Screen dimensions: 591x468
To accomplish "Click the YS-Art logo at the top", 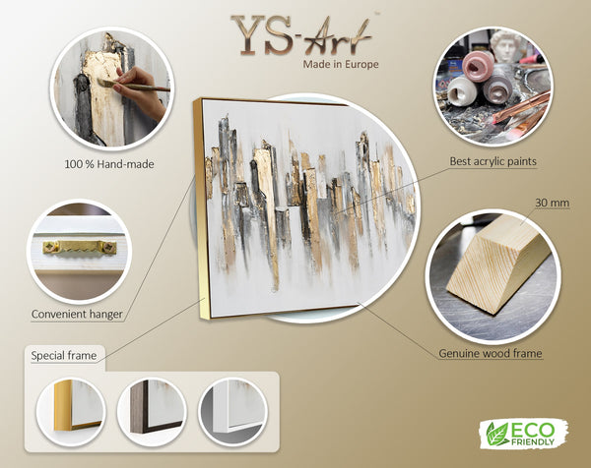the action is coord(301,35).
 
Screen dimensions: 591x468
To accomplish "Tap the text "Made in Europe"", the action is coord(341,64).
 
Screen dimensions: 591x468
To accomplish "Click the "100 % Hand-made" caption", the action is coord(109,164).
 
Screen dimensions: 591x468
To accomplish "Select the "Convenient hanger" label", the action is coord(77,315).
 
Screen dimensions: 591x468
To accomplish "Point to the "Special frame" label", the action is coord(64,356).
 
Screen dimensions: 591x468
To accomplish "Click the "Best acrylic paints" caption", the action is coord(492,161).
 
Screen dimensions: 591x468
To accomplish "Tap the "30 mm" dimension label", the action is coord(553,203).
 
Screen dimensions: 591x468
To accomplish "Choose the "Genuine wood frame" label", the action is coord(491,354).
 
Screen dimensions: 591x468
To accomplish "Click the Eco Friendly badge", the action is coord(524,434).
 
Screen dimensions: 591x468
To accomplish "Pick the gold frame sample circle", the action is coord(71,412).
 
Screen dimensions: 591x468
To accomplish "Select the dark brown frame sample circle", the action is coord(152,412).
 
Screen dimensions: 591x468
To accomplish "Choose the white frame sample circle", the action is coord(232,412).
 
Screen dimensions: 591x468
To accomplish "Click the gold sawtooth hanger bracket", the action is coord(80,247).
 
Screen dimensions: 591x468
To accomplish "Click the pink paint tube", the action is coord(479,66).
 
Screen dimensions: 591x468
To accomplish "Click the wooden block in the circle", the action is coord(493,263).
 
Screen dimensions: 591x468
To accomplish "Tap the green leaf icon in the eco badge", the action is coord(496,434).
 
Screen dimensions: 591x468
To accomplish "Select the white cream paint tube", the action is coord(462,92).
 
